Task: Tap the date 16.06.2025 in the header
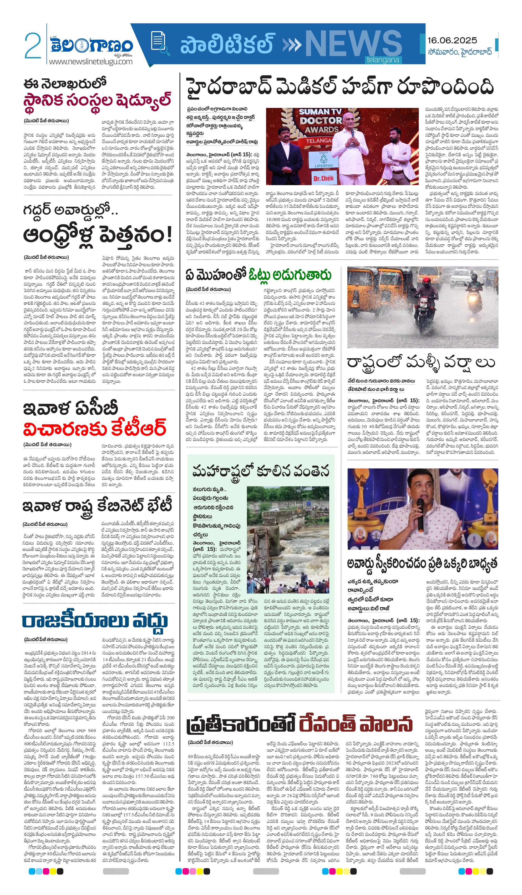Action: click(452, 40)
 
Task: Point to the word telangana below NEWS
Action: click(383, 60)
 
